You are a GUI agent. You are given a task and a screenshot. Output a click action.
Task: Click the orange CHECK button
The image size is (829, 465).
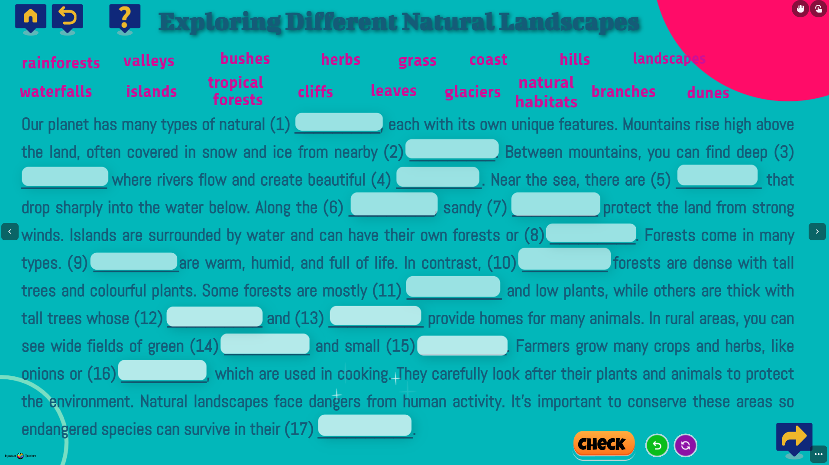[604, 444]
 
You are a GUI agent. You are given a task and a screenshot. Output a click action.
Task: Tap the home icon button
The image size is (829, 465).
[31, 19]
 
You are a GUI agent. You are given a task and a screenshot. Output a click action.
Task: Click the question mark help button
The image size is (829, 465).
[125, 19]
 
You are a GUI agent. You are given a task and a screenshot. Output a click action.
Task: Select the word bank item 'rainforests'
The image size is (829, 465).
[61, 63]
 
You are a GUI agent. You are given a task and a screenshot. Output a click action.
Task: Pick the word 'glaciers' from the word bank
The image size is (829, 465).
[473, 92]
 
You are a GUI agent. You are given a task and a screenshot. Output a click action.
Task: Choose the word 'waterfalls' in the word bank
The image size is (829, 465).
[56, 91]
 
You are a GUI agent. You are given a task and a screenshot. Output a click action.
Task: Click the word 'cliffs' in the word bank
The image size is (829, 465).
[315, 92]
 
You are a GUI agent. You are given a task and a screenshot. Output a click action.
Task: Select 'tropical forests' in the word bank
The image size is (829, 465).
[236, 91]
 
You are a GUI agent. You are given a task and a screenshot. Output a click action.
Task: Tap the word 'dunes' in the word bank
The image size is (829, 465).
[708, 93]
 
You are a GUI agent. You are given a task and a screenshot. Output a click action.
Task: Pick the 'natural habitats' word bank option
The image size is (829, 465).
[546, 92]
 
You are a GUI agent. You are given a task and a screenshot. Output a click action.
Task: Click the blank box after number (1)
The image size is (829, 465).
[339, 122]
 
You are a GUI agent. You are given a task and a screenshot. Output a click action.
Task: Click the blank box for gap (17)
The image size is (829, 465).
[365, 425]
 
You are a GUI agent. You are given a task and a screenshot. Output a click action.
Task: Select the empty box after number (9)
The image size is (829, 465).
[134, 261]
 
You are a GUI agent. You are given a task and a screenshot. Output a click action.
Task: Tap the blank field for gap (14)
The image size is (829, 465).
[265, 344]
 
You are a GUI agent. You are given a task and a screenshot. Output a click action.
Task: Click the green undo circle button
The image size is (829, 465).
[657, 445]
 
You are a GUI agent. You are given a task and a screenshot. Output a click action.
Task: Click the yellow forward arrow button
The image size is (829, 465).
[794, 437]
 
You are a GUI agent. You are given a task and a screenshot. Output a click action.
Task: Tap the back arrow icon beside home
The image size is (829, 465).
[68, 19]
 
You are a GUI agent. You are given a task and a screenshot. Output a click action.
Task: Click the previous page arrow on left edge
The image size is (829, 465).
[10, 232]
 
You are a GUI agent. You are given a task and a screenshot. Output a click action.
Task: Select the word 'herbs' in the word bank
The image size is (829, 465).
[341, 59]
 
